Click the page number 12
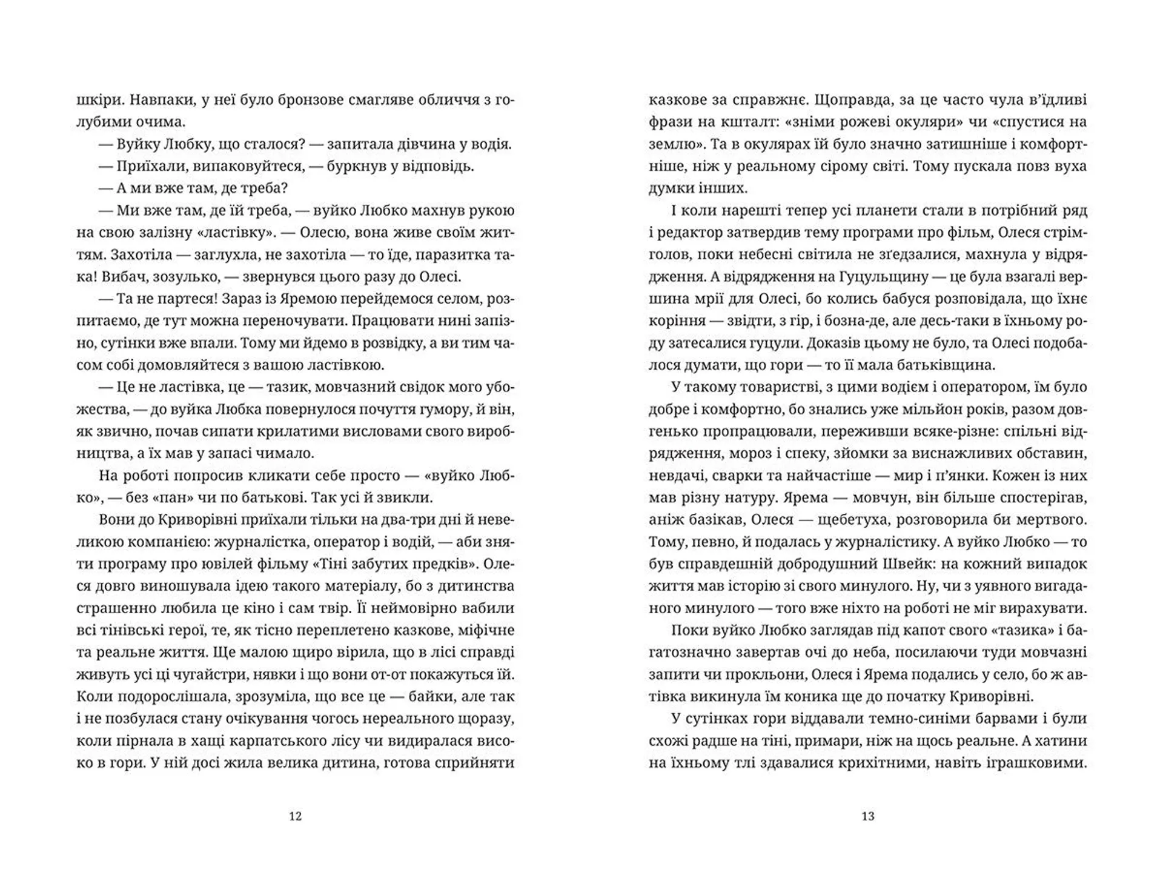tap(295, 816)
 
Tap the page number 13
tap(867, 816)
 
